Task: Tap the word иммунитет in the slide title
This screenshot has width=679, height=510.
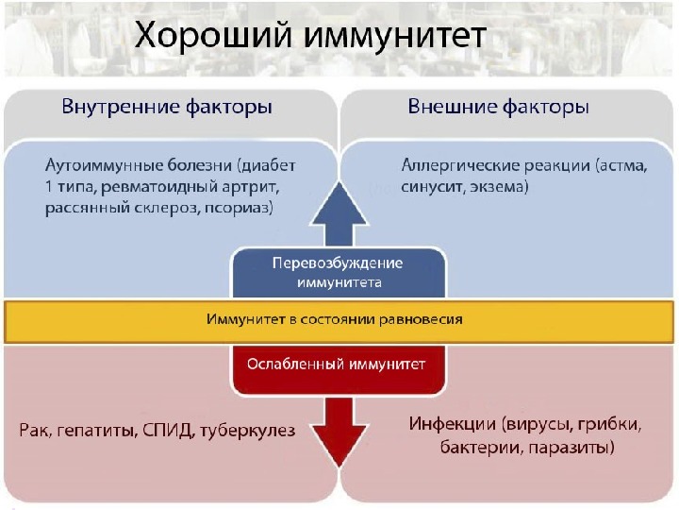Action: point(395,38)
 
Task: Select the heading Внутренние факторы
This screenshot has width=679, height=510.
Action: point(167,107)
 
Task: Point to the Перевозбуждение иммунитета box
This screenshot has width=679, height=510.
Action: point(337,271)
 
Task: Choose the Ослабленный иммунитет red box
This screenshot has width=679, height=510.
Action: point(337,363)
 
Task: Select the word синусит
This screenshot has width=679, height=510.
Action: point(430,187)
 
